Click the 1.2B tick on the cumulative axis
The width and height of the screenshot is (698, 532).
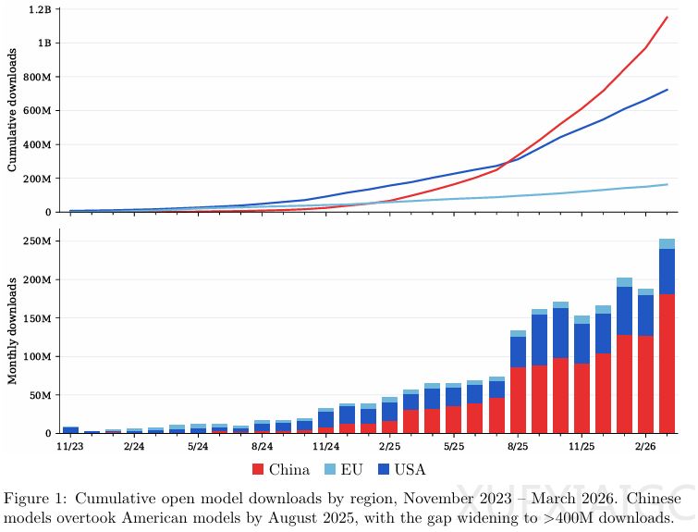(40, 9)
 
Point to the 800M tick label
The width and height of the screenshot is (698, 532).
(39, 77)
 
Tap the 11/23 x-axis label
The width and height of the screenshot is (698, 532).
(70, 446)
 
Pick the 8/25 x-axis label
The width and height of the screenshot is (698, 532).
(518, 446)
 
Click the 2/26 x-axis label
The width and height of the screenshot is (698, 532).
(645, 446)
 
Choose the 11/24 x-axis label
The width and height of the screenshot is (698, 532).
(325, 446)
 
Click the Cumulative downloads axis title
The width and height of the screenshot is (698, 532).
(13, 110)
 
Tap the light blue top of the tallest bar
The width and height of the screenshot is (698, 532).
(667, 243)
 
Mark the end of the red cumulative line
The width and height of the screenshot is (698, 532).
(667, 17)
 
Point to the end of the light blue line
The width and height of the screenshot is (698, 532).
(667, 184)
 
